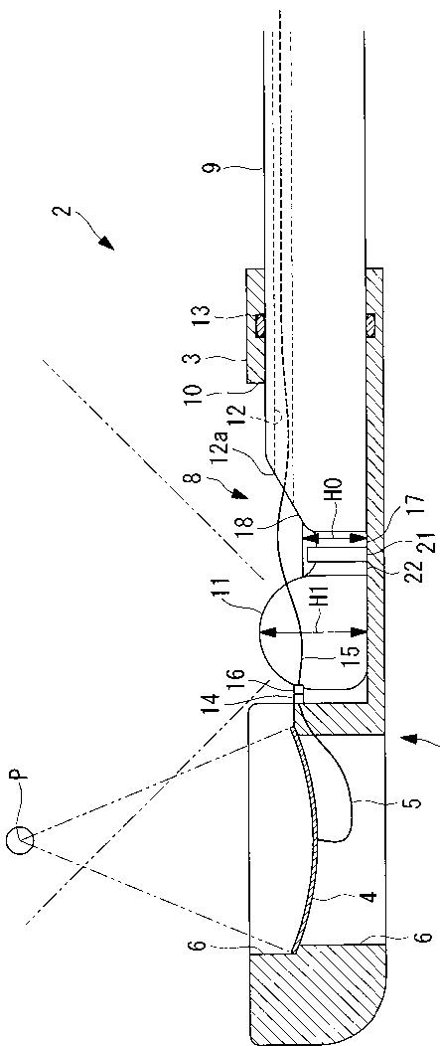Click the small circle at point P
tap(20, 840)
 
